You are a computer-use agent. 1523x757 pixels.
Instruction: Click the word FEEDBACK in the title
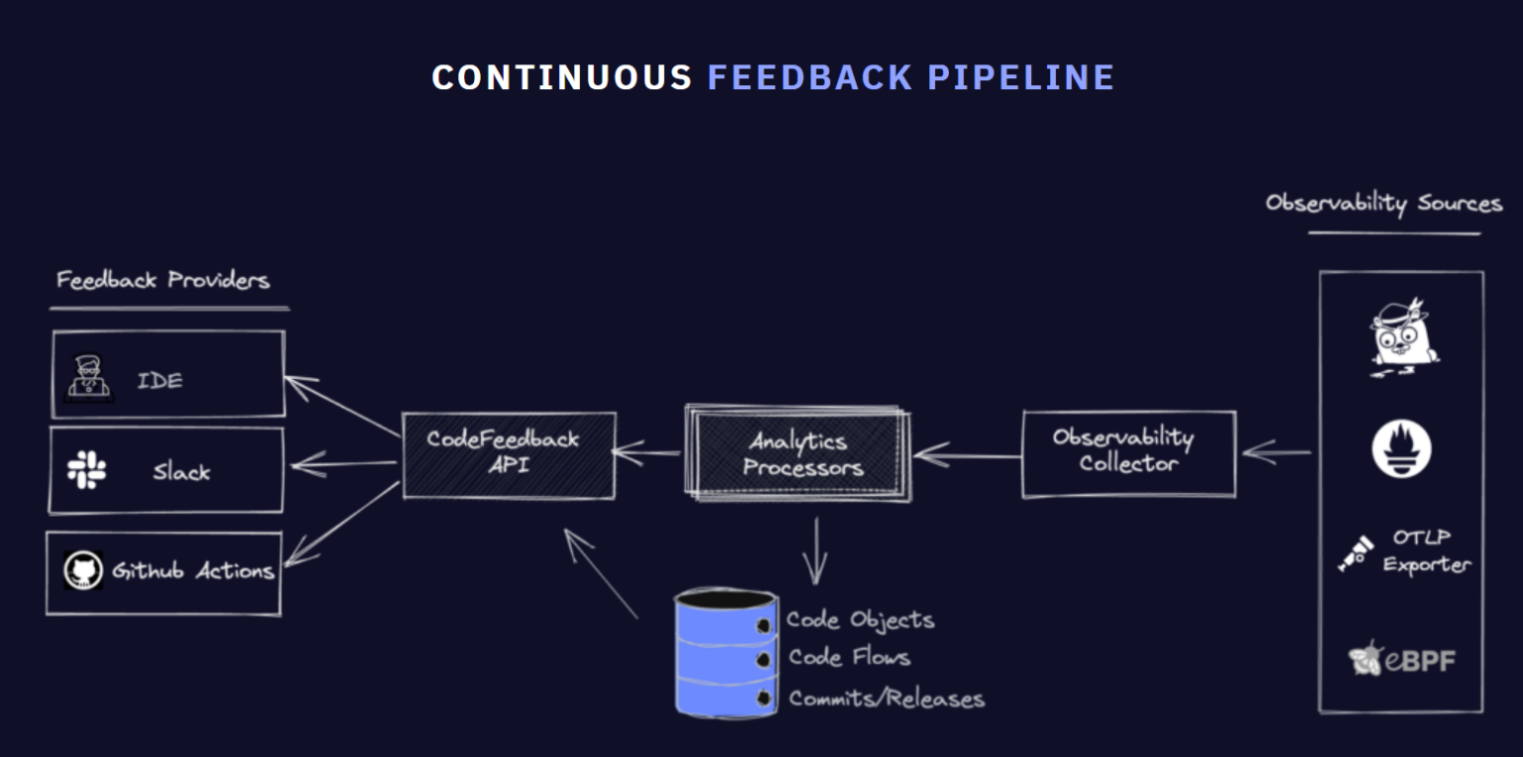[x=810, y=77]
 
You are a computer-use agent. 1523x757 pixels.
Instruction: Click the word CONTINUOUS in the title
[x=561, y=77]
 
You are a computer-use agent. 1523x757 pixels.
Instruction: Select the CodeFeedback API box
[x=508, y=453]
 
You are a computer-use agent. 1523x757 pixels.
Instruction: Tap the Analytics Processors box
[x=798, y=453]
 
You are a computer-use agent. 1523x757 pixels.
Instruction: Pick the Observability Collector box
[x=1128, y=452]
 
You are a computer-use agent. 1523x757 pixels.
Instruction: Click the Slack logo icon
[x=87, y=470]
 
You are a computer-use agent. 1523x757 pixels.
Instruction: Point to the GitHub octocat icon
[x=84, y=571]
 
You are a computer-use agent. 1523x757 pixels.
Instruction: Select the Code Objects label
[x=860, y=620]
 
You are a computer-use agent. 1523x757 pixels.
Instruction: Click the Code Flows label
[x=849, y=657]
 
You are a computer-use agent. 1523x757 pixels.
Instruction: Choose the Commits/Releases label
[x=886, y=698]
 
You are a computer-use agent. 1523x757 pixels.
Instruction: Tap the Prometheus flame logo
[x=1401, y=448]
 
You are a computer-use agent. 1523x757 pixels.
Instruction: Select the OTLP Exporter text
[x=1426, y=552]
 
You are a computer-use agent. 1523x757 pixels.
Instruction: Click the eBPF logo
[x=1402, y=660]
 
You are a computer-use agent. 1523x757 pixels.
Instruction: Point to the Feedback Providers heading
[x=163, y=280]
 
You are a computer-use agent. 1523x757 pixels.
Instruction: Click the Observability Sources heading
[x=1383, y=203]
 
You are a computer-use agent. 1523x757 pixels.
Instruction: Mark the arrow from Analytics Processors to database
[x=815, y=551]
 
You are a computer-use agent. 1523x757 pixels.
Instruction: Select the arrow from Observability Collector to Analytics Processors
[x=967, y=456]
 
